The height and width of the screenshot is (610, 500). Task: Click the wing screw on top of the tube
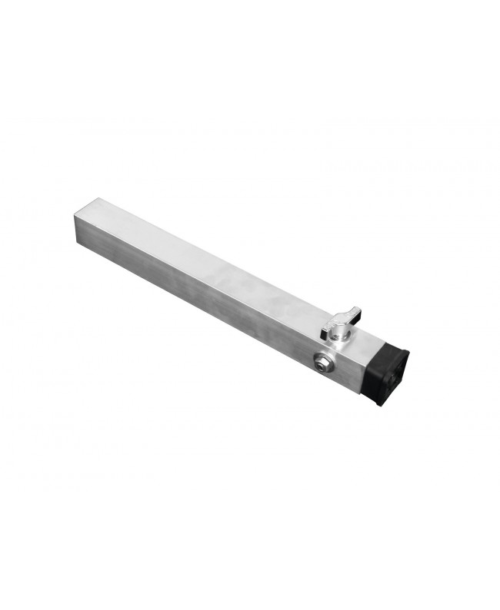point(339,325)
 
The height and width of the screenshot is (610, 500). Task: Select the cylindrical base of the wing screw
point(338,336)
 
